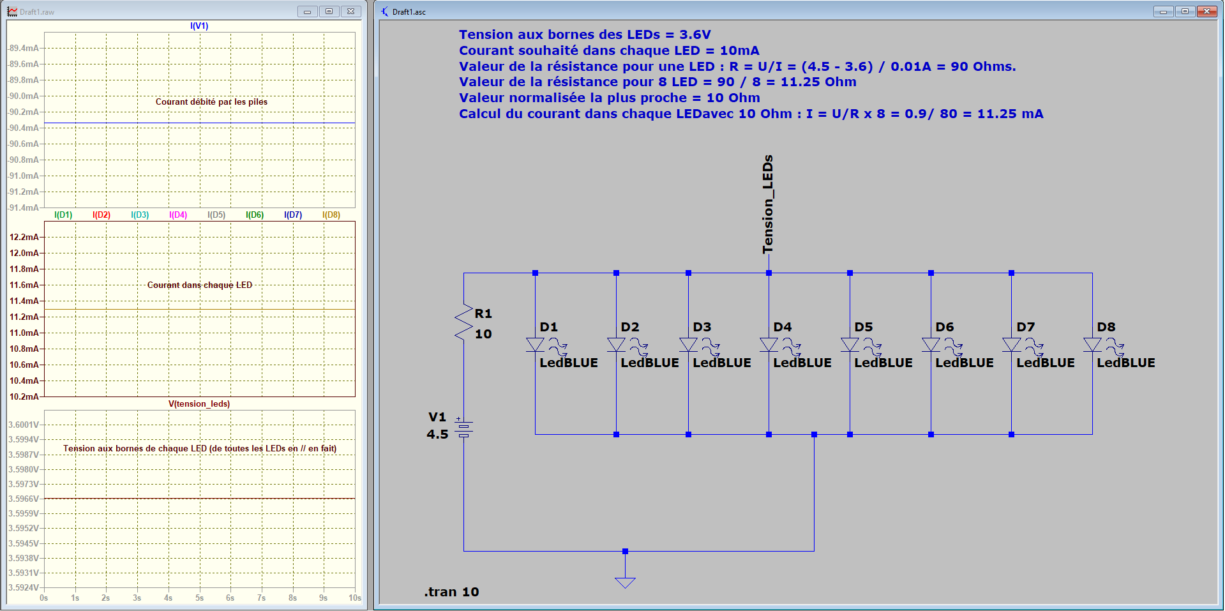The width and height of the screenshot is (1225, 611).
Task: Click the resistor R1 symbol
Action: [463, 322]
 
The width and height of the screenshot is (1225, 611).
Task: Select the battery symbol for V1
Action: [463, 428]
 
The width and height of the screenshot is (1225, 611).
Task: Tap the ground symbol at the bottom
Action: [625, 582]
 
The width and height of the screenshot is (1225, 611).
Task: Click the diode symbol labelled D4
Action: [769, 345]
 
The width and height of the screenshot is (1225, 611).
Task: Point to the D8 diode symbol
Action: [1092, 345]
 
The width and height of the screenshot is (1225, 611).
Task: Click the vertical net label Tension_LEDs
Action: [768, 204]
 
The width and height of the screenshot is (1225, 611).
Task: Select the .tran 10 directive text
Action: [452, 592]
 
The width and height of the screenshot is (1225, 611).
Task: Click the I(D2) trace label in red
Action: [101, 215]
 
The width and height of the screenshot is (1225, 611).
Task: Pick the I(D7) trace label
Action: [293, 215]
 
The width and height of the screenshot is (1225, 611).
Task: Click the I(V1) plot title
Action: [199, 26]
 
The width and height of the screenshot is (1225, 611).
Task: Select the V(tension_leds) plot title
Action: [199, 404]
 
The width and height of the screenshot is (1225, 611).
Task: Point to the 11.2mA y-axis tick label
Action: [24, 317]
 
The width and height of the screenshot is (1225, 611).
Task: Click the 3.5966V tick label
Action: [24, 499]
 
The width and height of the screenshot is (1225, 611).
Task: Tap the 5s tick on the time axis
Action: [199, 598]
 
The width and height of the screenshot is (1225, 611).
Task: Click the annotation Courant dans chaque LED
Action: [200, 285]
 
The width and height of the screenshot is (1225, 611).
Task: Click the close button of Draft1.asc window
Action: [1206, 11]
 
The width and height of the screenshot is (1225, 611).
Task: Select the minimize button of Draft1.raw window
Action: [307, 11]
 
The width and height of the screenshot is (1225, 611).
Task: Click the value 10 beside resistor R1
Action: [483, 334]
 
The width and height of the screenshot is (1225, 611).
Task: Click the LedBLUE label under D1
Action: [569, 363]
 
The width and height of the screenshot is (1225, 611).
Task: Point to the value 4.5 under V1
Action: [437, 434]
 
